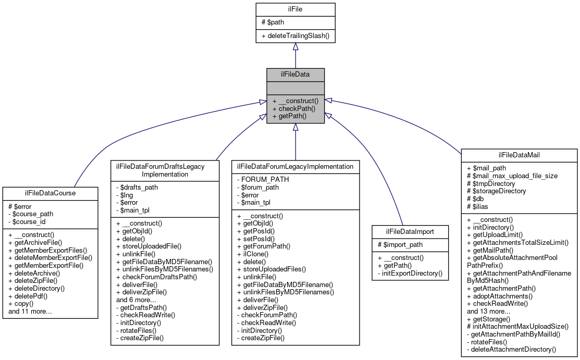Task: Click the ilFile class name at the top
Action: click(295, 9)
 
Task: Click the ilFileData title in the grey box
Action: click(295, 75)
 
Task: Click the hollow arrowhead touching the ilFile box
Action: click(295, 47)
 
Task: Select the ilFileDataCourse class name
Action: click(50, 193)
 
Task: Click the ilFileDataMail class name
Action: click(519, 155)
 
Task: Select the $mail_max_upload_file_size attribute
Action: click(512, 176)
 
